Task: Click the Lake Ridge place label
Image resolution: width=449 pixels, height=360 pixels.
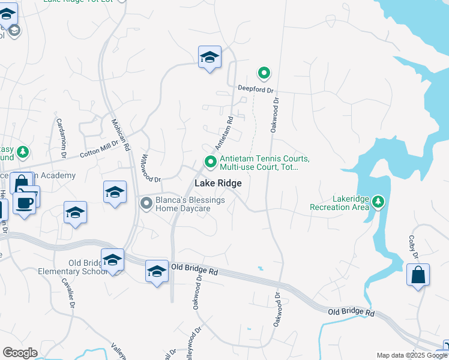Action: pyautogui.click(x=217, y=183)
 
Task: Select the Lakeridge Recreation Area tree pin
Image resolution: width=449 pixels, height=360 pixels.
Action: pyautogui.click(x=378, y=200)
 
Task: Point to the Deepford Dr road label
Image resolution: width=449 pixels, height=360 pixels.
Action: pyautogui.click(x=255, y=88)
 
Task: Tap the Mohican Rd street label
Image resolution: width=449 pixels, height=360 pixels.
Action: pyautogui.click(x=121, y=133)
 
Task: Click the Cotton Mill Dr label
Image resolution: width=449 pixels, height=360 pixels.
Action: pyautogui.click(x=100, y=151)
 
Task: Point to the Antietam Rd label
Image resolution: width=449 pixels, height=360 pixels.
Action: pyautogui.click(x=223, y=135)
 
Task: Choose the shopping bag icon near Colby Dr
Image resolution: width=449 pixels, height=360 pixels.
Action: pyautogui.click(x=418, y=275)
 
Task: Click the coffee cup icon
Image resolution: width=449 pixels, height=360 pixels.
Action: pyautogui.click(x=24, y=202)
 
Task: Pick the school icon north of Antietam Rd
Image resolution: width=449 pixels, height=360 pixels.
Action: pyautogui.click(x=209, y=58)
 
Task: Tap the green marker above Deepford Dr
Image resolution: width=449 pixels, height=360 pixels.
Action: pyautogui.click(x=264, y=73)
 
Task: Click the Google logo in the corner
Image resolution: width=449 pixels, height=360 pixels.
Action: pyautogui.click(x=20, y=353)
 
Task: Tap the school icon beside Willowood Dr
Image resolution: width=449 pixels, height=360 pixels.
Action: pyautogui.click(x=115, y=193)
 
